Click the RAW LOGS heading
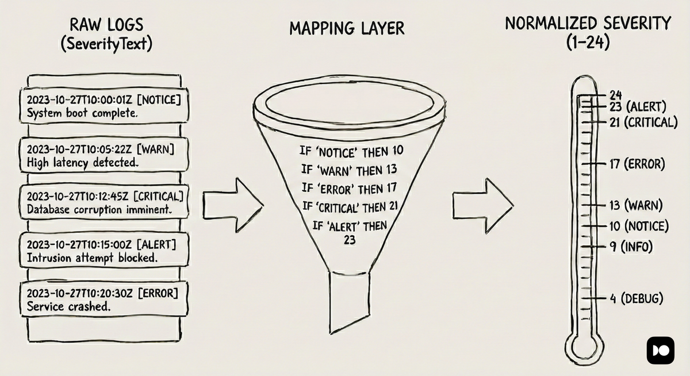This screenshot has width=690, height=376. (x=106, y=25)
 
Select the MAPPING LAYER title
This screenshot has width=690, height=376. (x=347, y=27)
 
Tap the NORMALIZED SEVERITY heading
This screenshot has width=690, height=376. (x=588, y=24)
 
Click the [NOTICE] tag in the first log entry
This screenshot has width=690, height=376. (x=160, y=99)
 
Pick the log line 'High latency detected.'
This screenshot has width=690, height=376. (x=83, y=163)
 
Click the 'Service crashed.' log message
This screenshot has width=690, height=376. (x=70, y=306)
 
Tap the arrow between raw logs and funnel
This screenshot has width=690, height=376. (x=233, y=202)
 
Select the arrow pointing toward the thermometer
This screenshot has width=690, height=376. (x=481, y=202)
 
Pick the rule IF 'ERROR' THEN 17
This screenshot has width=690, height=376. (x=349, y=188)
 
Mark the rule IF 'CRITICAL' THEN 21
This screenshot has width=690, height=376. (x=350, y=206)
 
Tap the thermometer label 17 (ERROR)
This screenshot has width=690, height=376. (x=637, y=164)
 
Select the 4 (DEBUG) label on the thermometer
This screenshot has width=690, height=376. (x=636, y=299)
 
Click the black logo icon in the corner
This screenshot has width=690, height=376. (x=660, y=350)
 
